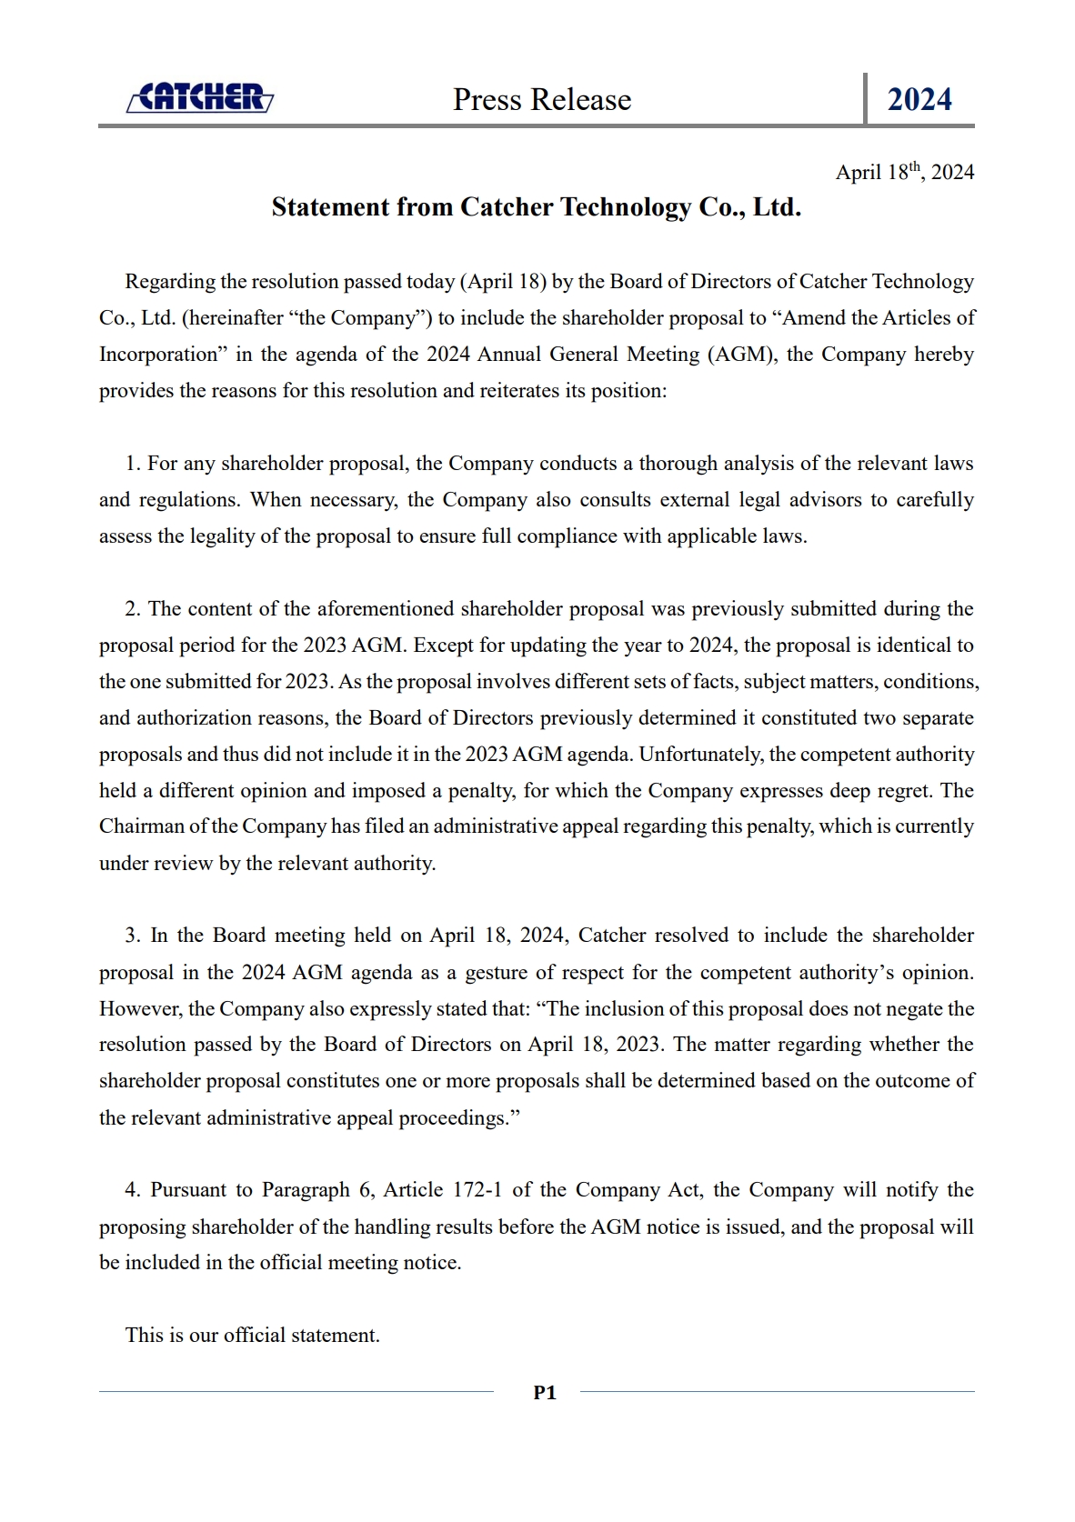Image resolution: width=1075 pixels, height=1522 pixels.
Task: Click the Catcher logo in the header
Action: point(200,97)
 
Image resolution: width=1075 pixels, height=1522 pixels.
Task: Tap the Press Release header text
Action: point(542,100)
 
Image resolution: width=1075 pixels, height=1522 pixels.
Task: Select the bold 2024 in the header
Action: point(919,100)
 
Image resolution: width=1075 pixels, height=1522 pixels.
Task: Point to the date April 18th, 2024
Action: point(904,172)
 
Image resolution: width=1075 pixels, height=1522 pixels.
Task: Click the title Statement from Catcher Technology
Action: point(536,207)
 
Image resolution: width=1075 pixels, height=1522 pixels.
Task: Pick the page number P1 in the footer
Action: point(545,1392)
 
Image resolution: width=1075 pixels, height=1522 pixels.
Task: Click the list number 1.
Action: point(133,464)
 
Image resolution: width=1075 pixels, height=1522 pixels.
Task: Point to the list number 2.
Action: point(133,609)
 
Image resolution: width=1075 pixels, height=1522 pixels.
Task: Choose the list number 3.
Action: point(133,936)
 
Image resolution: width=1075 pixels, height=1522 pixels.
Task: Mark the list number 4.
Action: point(133,1190)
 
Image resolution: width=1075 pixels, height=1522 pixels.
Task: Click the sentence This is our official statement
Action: point(252,1336)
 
